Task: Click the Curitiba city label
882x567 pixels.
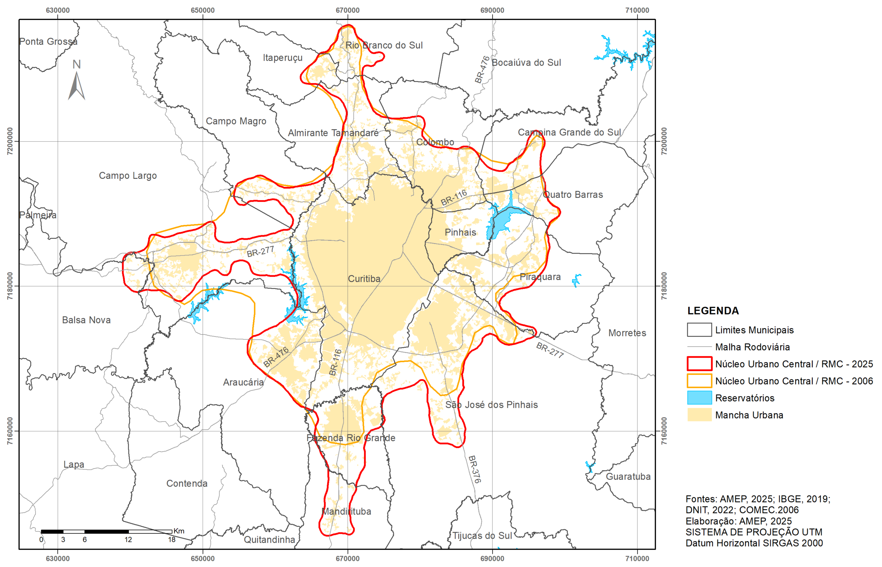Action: [x=364, y=279]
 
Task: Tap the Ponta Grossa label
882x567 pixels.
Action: [x=48, y=42]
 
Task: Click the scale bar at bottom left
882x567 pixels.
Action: [x=106, y=531]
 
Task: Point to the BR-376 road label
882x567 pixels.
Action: [x=474, y=470]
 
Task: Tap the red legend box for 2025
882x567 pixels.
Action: [x=699, y=364]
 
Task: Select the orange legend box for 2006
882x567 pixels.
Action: [x=699, y=381]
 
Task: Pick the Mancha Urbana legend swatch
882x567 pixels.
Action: [x=699, y=415]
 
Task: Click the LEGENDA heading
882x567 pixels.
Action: [x=713, y=311]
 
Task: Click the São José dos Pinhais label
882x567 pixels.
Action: [x=491, y=405]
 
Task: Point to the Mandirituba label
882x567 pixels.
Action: [x=346, y=511]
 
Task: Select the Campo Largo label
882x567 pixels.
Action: [x=128, y=176]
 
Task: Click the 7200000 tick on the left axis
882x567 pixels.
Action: [x=10, y=141]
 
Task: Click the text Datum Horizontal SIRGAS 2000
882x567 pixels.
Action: [x=754, y=543]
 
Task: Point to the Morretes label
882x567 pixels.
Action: [x=627, y=333]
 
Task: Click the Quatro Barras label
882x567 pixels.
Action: [x=573, y=195]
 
